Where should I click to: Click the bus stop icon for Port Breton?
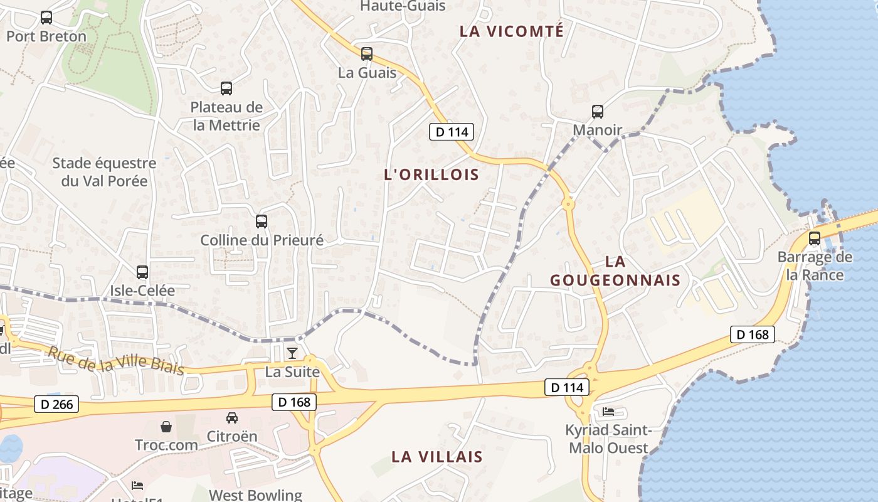(46, 18)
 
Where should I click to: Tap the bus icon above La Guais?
(367, 54)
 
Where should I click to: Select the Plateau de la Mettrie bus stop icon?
(226, 88)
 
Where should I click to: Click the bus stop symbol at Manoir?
(598, 112)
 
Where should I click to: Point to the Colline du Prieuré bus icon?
(262, 222)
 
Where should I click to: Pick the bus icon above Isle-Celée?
(142, 272)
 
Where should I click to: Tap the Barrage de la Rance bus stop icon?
(815, 238)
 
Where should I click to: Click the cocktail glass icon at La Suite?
(292, 353)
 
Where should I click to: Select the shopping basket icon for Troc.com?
(166, 427)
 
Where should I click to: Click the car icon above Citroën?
(232, 417)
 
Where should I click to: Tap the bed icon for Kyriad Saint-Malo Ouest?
(608, 412)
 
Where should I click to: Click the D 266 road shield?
(57, 405)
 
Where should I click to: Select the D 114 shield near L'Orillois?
(452, 132)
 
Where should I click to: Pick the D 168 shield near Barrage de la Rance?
(753, 334)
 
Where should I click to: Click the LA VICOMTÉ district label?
(512, 31)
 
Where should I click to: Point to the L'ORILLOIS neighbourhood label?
(431, 175)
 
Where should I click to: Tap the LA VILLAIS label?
(437, 457)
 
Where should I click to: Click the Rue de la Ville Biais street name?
(116, 361)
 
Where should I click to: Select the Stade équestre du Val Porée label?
(104, 172)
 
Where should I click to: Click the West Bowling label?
(255, 495)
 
